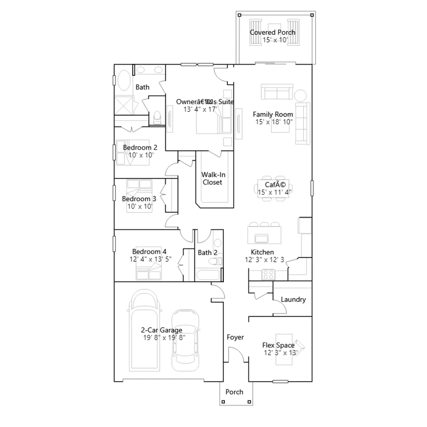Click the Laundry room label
click(293, 300)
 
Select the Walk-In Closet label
click(213, 179)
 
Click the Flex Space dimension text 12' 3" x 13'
click(280, 353)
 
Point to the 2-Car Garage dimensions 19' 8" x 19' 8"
click(164, 338)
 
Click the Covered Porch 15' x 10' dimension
click(275, 40)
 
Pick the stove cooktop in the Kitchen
click(268, 275)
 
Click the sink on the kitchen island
click(261, 238)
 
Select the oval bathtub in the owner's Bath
click(124, 80)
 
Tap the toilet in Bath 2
click(216, 261)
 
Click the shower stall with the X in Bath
click(124, 105)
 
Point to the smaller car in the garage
click(185, 340)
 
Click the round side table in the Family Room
click(300, 96)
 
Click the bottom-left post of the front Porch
click(223, 402)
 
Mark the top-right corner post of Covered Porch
click(312, 15)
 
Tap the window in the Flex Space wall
click(280, 382)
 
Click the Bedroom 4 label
click(149, 252)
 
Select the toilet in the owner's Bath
click(157, 118)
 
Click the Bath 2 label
click(208, 253)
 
